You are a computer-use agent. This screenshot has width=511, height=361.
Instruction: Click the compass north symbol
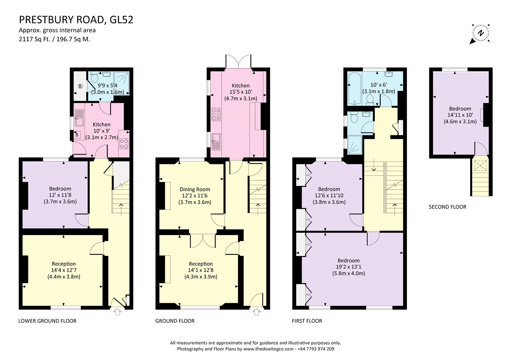click(x=480, y=33)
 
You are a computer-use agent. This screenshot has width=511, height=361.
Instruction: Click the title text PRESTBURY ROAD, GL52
click(x=76, y=20)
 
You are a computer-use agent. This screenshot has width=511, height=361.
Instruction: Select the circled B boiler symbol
click(x=80, y=86)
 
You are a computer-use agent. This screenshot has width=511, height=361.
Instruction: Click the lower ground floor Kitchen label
click(x=102, y=124)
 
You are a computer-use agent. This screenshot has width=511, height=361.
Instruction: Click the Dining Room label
click(x=194, y=189)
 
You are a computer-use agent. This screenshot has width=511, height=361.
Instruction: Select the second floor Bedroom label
click(x=460, y=109)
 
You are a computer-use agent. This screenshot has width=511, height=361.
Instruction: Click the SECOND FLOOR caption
click(x=447, y=207)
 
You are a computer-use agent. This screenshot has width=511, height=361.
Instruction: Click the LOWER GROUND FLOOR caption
click(x=47, y=321)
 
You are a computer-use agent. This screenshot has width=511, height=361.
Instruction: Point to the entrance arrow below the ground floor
click(x=256, y=312)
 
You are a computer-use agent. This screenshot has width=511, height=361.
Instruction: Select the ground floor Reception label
click(x=201, y=264)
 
